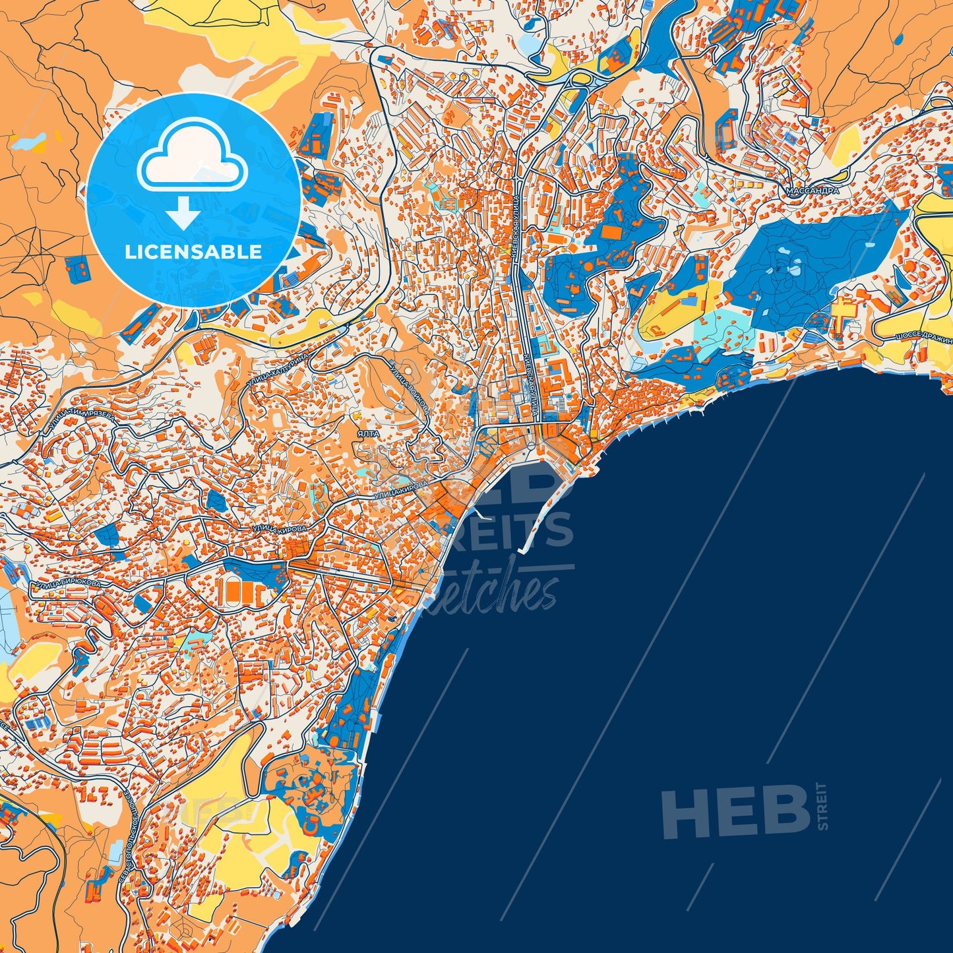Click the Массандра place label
813,191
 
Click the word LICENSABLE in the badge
193,252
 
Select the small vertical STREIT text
821,807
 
